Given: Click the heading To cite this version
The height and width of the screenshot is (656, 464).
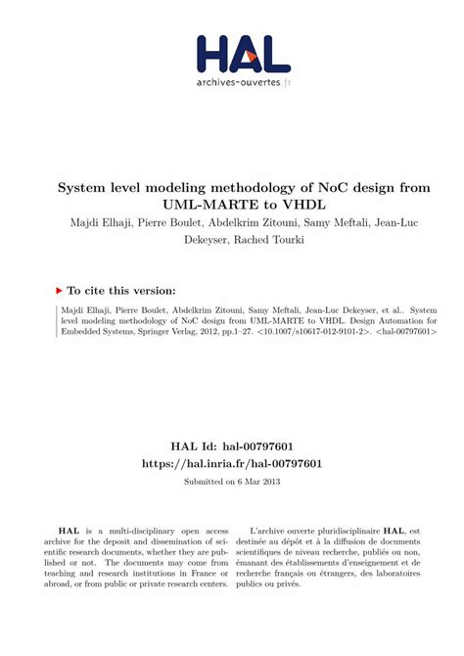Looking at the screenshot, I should (121, 291).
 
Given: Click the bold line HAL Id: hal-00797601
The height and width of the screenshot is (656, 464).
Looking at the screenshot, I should (231, 445).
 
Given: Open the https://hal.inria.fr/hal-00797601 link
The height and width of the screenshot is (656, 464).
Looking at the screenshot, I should (231, 463).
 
